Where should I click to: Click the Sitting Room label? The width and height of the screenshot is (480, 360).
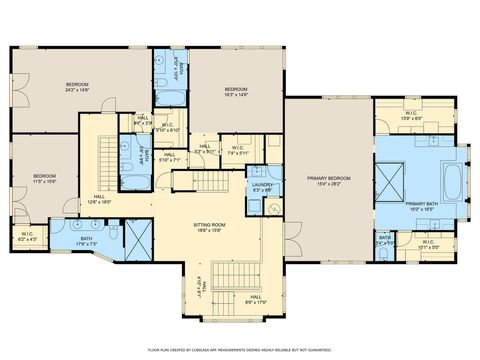(210, 228)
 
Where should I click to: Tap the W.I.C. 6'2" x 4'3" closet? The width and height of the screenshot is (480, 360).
(27, 236)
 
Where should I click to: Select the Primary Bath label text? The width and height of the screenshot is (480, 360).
(421, 206)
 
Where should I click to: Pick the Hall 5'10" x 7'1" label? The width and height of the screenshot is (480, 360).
(169, 157)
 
